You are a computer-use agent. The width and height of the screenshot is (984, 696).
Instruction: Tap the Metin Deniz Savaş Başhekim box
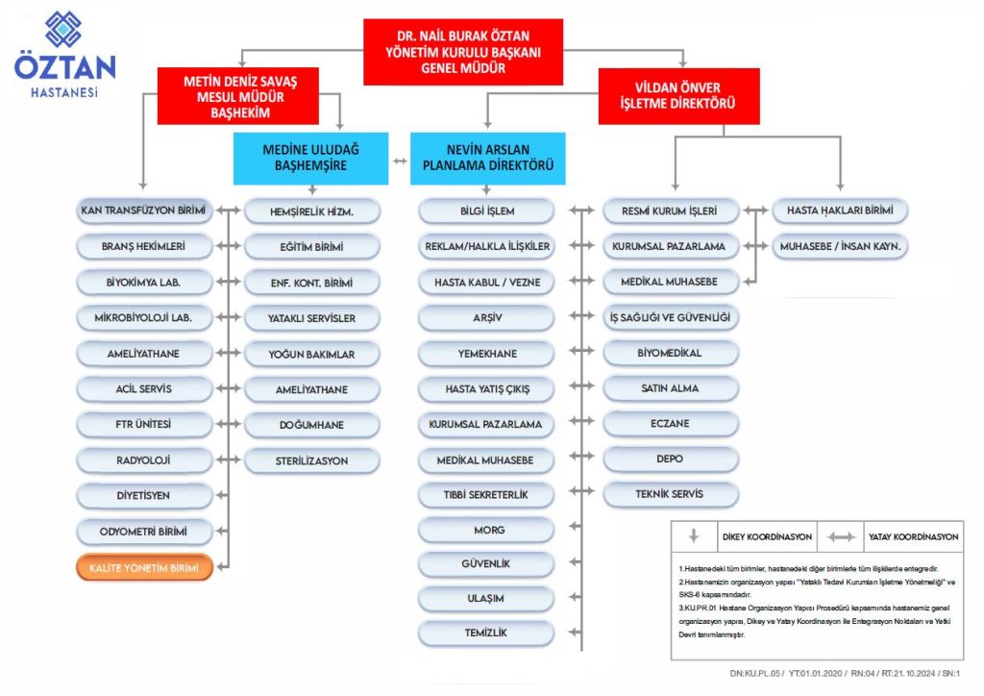(x=240, y=96)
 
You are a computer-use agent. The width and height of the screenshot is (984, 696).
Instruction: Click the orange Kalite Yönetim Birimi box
(x=144, y=568)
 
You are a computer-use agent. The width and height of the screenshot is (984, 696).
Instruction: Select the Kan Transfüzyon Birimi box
(x=144, y=211)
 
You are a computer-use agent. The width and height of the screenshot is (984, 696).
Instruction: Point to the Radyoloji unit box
(x=144, y=460)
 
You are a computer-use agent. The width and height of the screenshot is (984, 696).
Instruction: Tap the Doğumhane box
(x=312, y=425)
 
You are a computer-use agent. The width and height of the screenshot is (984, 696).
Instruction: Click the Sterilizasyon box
(x=312, y=460)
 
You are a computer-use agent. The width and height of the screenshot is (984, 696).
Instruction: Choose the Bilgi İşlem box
(x=486, y=211)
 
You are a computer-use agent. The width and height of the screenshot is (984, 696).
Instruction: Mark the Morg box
(x=486, y=530)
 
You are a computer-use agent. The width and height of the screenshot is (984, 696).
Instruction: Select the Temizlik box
(x=486, y=634)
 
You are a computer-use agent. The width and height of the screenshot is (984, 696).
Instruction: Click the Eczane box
(x=671, y=424)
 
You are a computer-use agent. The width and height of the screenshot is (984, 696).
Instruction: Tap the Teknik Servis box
(x=671, y=494)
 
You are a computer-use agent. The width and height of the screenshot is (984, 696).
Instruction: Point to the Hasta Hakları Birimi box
(x=840, y=211)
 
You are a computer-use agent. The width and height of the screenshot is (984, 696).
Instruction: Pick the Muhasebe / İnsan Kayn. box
(x=840, y=247)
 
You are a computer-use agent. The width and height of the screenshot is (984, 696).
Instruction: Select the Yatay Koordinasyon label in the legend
(x=903, y=536)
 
